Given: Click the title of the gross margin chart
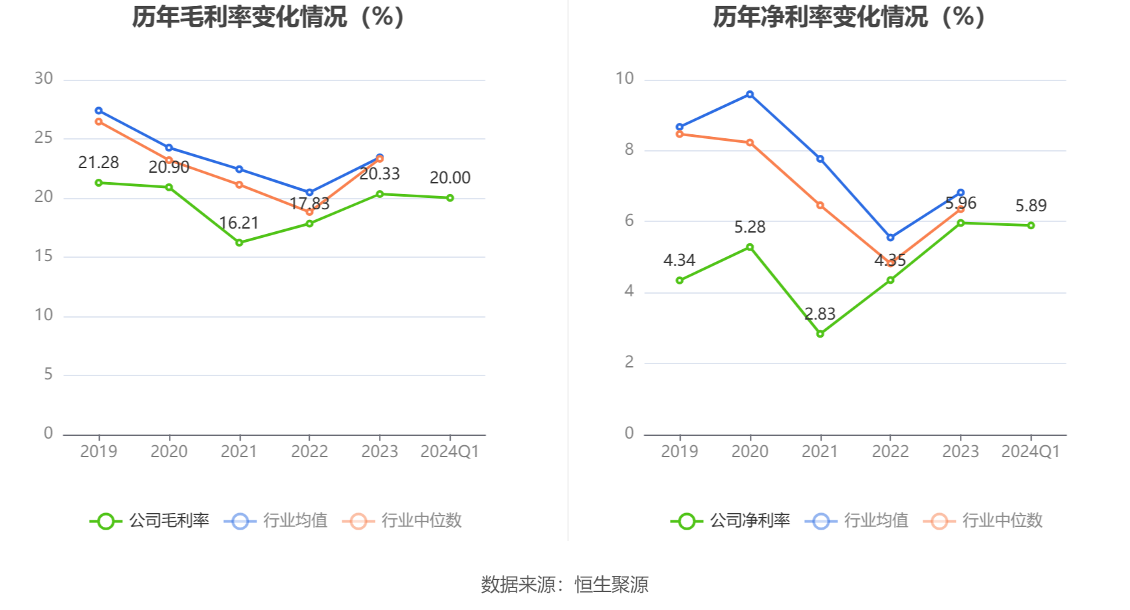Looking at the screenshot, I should pyautogui.click(x=269, y=17).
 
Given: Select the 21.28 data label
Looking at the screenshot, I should pyautogui.click(x=98, y=162).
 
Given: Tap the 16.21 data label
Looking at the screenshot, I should pyautogui.click(x=239, y=223).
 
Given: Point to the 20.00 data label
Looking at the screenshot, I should pyautogui.click(x=450, y=177).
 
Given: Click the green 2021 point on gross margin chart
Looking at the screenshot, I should pyautogui.click(x=239, y=243).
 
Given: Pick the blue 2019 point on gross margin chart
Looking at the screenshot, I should pyautogui.click(x=98, y=110).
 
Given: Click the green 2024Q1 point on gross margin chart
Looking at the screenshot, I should pyautogui.click(x=450, y=197).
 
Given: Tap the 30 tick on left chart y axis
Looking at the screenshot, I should pyautogui.click(x=44, y=78).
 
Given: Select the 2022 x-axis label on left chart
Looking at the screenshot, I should pyautogui.click(x=309, y=451).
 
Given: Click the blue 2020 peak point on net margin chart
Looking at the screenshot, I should pyautogui.click(x=750, y=94).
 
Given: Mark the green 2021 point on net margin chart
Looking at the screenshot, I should pyautogui.click(x=820, y=334).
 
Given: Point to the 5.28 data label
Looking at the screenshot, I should pyautogui.click(x=750, y=227).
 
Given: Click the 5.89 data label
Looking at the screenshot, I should pyautogui.click(x=1031, y=205).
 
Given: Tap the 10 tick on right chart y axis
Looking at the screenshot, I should pyautogui.click(x=625, y=78).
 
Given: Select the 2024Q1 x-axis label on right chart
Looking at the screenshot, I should pyautogui.click(x=1030, y=451).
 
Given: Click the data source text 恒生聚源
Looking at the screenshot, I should pyautogui.click(x=612, y=584).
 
